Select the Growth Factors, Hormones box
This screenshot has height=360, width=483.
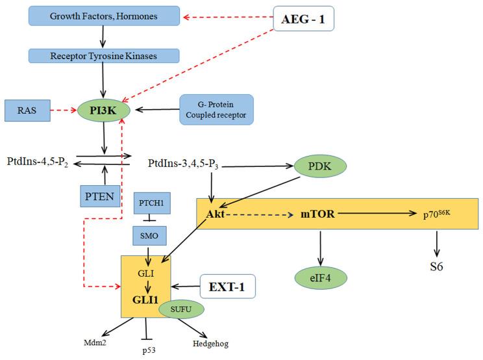(104, 16)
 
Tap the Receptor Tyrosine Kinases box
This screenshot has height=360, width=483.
(104, 56)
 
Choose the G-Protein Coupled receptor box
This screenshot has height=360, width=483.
(217, 110)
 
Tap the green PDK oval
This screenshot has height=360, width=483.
(320, 166)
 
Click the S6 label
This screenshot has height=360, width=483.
(437, 266)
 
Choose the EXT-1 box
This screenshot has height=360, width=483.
(227, 285)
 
